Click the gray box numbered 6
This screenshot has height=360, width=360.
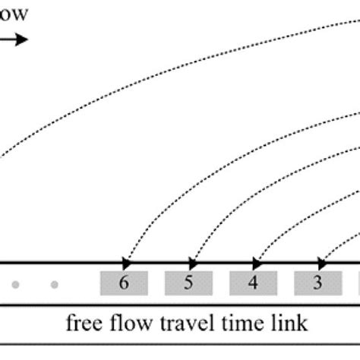[x=124, y=283]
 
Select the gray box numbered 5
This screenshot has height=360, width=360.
[x=188, y=283]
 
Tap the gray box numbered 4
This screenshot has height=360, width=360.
[x=254, y=283]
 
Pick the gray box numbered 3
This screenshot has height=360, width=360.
[x=318, y=283]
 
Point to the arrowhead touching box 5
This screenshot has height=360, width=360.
[x=191, y=263]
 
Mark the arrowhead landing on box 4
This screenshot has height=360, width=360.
[x=257, y=263]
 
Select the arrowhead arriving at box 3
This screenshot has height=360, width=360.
[x=321, y=263]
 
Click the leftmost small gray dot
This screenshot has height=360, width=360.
[x=16, y=286]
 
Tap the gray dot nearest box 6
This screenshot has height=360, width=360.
[x=54, y=286]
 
